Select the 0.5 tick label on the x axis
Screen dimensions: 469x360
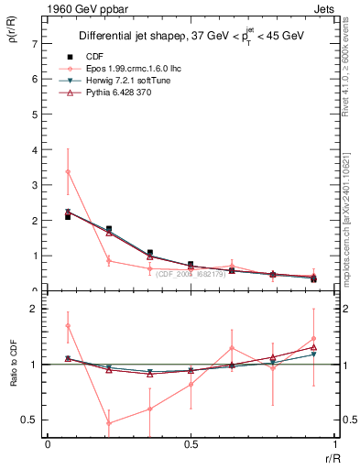(190, 443)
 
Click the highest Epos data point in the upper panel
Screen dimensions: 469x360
(69, 172)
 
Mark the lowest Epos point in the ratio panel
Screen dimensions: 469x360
(109, 422)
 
